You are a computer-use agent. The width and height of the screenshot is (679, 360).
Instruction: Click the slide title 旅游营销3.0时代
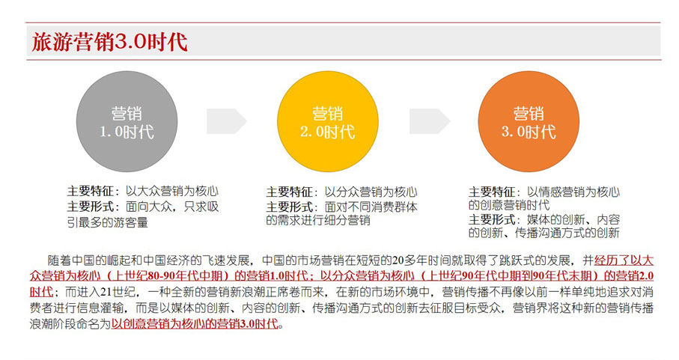tap(109, 42)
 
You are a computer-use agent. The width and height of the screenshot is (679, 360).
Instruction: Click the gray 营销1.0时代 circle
tap(127, 121)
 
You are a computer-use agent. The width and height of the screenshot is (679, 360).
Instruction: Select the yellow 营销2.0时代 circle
tap(328, 121)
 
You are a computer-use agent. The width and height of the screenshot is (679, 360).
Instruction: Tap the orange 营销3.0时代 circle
tap(529, 121)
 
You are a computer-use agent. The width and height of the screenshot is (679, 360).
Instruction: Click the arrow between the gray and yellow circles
tap(227, 121)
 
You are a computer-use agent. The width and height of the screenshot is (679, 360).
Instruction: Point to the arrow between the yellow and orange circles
tap(430, 121)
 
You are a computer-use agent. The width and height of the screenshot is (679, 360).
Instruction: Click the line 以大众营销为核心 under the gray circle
tap(172, 191)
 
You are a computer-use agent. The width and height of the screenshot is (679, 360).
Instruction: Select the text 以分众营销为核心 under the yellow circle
tap(371, 192)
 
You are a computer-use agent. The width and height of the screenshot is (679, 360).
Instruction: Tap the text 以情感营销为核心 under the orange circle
tap(573, 192)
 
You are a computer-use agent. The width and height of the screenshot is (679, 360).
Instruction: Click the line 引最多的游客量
tap(107, 222)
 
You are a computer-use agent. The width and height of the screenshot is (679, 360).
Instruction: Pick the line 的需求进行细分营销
tap(318, 220)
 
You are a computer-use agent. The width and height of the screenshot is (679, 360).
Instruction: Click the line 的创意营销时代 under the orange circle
tap(509, 204)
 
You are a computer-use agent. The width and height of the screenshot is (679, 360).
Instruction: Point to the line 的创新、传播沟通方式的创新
tap(544, 233)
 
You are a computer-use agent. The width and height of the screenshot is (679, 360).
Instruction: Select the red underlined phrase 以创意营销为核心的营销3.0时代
tap(195, 323)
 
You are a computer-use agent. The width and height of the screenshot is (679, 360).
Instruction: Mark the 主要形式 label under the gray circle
tap(90, 207)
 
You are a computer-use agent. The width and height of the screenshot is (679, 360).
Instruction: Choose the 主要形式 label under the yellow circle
tap(289, 207)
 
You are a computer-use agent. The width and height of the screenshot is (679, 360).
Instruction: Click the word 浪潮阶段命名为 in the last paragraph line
tap(70, 323)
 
